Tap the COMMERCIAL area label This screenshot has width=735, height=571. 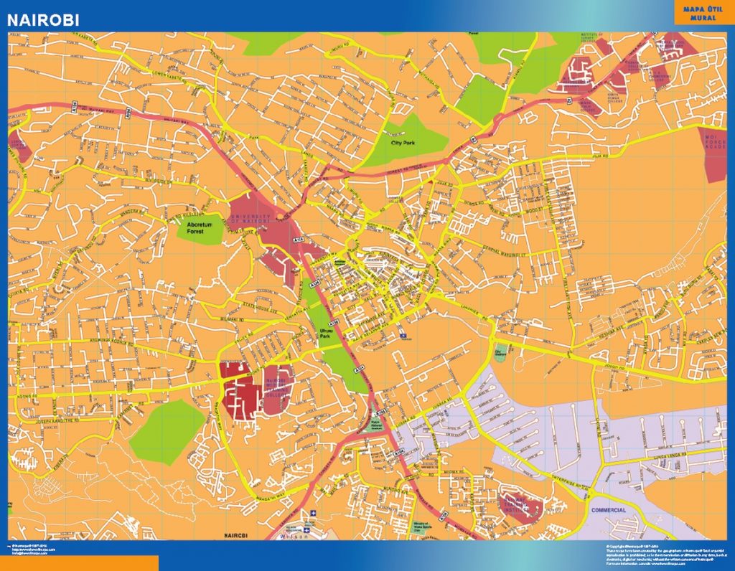click(609, 510)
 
